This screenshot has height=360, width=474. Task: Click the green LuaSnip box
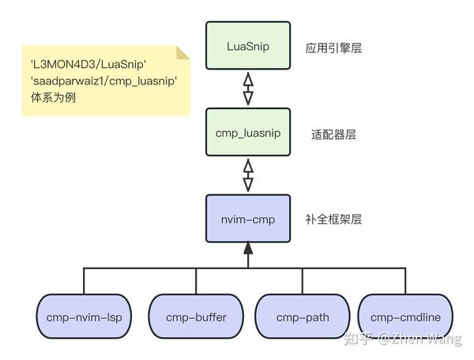coord(248,47)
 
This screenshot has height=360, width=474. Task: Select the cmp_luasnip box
coord(248,133)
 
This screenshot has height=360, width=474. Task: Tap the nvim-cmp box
coord(248,219)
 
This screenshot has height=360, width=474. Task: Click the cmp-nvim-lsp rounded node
coord(84,317)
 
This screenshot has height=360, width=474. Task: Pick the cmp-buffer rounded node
coord(196,317)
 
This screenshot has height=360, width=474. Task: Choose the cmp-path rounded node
coord(302,317)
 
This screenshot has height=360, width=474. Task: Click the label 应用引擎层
coord(333,48)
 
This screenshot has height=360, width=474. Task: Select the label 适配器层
coord(333,134)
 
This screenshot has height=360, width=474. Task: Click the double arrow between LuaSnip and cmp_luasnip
coord(248,89)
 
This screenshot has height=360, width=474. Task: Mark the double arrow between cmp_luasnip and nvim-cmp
coord(248,175)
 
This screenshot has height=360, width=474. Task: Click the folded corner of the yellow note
coord(183,53)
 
